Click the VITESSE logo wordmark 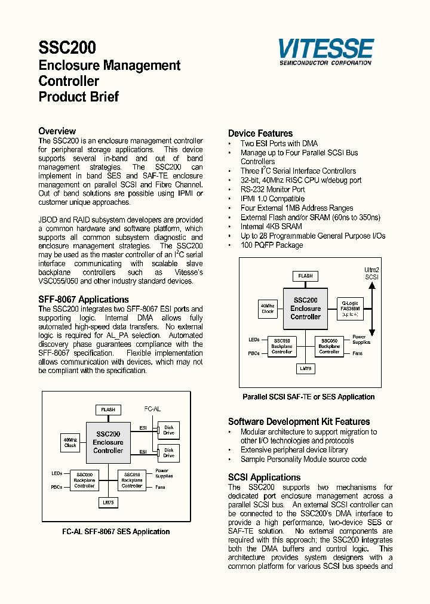[325, 48]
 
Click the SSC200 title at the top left [67, 48]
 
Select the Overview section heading [57, 131]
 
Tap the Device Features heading [260, 134]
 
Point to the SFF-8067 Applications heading [84, 300]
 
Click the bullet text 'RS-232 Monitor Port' [272, 189]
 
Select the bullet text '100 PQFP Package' [271, 245]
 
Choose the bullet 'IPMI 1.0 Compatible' [272, 199]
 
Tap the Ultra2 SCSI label [371, 273]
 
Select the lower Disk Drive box [168, 453]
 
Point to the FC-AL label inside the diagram [153, 409]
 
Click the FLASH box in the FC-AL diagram [108, 410]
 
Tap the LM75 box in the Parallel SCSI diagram [305, 369]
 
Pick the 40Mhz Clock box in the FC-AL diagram [70, 442]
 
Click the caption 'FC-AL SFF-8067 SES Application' [116, 531]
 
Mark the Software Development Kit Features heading [299, 421]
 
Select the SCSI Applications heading [264, 477]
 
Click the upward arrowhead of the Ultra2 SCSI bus [371, 285]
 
